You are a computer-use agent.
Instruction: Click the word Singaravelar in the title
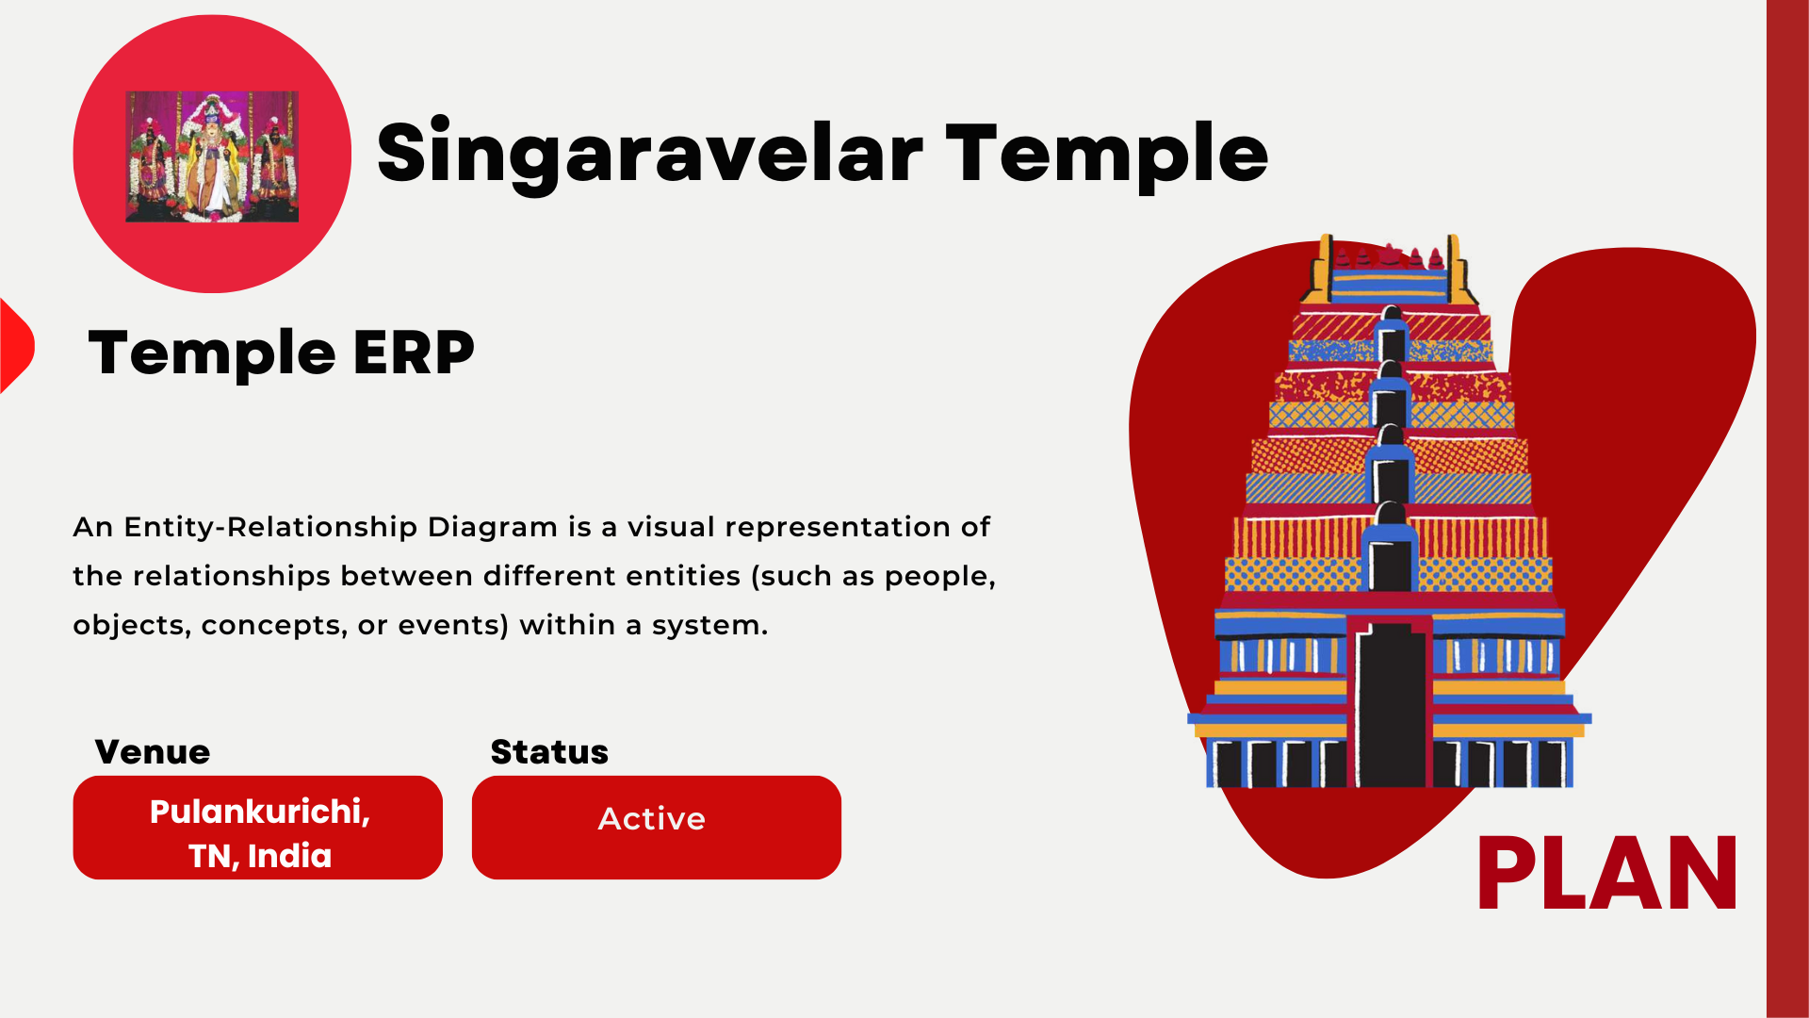[x=649, y=155]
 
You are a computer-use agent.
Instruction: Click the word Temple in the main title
[x=1107, y=155]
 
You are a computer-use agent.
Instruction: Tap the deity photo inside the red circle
[x=212, y=156]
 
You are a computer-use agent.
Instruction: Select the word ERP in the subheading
[x=414, y=353]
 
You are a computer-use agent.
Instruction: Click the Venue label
[x=153, y=752]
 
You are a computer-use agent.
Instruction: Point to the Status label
[x=549, y=752]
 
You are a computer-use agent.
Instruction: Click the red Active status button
[x=657, y=828]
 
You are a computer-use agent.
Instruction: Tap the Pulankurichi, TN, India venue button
[x=258, y=828]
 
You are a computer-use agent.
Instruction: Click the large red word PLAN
[x=1607, y=874]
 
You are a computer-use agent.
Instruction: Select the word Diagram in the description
[x=493, y=528]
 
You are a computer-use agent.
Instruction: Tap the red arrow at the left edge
[x=16, y=346]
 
